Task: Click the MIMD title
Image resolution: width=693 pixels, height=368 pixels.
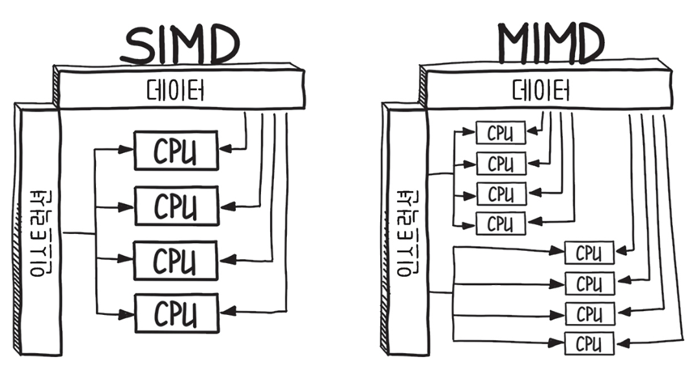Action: pyautogui.click(x=551, y=44)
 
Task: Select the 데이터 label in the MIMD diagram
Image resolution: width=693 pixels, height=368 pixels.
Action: pyautogui.click(x=541, y=91)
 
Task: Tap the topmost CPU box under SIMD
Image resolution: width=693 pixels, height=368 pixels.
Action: pyautogui.click(x=176, y=150)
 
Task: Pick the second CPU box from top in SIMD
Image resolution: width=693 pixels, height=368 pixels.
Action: pyautogui.click(x=176, y=205)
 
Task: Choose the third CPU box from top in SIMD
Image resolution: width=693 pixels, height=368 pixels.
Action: pyautogui.click(x=176, y=260)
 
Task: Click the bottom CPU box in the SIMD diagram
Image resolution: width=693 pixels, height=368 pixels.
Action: pyautogui.click(x=176, y=314)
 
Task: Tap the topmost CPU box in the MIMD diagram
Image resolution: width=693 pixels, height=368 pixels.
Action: pyautogui.click(x=501, y=133)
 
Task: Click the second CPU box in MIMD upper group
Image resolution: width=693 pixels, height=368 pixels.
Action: pyautogui.click(x=501, y=163)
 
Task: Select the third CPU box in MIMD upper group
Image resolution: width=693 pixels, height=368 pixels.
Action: pyautogui.click(x=501, y=194)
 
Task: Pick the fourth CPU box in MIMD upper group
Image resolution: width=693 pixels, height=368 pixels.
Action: pyautogui.click(x=501, y=224)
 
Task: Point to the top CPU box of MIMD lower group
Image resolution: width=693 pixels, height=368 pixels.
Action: pyautogui.click(x=589, y=252)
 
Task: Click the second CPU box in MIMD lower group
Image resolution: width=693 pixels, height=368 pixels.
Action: pyautogui.click(x=589, y=283)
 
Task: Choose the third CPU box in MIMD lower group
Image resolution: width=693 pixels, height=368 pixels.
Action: pyautogui.click(x=589, y=314)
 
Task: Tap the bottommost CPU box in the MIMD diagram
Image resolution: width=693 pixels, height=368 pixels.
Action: pyautogui.click(x=589, y=343)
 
